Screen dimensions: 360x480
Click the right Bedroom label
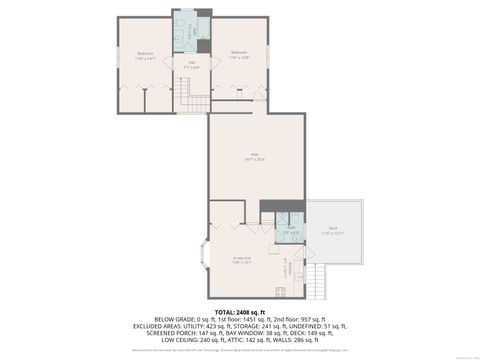click(238, 53)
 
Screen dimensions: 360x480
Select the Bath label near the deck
click(290, 229)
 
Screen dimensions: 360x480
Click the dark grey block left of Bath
click(268, 207)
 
